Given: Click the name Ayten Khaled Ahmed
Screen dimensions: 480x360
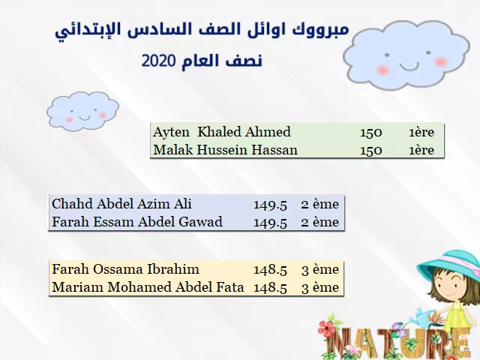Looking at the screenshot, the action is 222,132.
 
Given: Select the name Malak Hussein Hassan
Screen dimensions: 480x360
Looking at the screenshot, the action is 225,150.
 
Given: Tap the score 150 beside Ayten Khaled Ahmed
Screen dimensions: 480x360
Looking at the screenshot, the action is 371,133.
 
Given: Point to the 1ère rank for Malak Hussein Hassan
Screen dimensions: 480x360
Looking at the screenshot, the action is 421,150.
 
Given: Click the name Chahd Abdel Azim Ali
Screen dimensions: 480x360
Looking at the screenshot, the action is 121,204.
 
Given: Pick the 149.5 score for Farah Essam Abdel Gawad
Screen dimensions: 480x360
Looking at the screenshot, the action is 270,223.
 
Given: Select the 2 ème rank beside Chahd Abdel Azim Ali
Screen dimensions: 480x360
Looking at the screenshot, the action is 320,205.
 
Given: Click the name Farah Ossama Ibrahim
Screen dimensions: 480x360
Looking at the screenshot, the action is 125,269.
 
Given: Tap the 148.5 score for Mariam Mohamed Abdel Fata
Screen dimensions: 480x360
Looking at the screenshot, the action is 270,288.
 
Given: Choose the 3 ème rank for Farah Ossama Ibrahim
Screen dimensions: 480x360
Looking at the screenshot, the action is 320,270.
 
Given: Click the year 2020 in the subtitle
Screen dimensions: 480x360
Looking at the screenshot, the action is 158,61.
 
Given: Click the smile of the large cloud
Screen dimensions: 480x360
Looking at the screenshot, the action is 409,66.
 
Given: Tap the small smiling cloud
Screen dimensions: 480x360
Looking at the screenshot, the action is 82,110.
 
